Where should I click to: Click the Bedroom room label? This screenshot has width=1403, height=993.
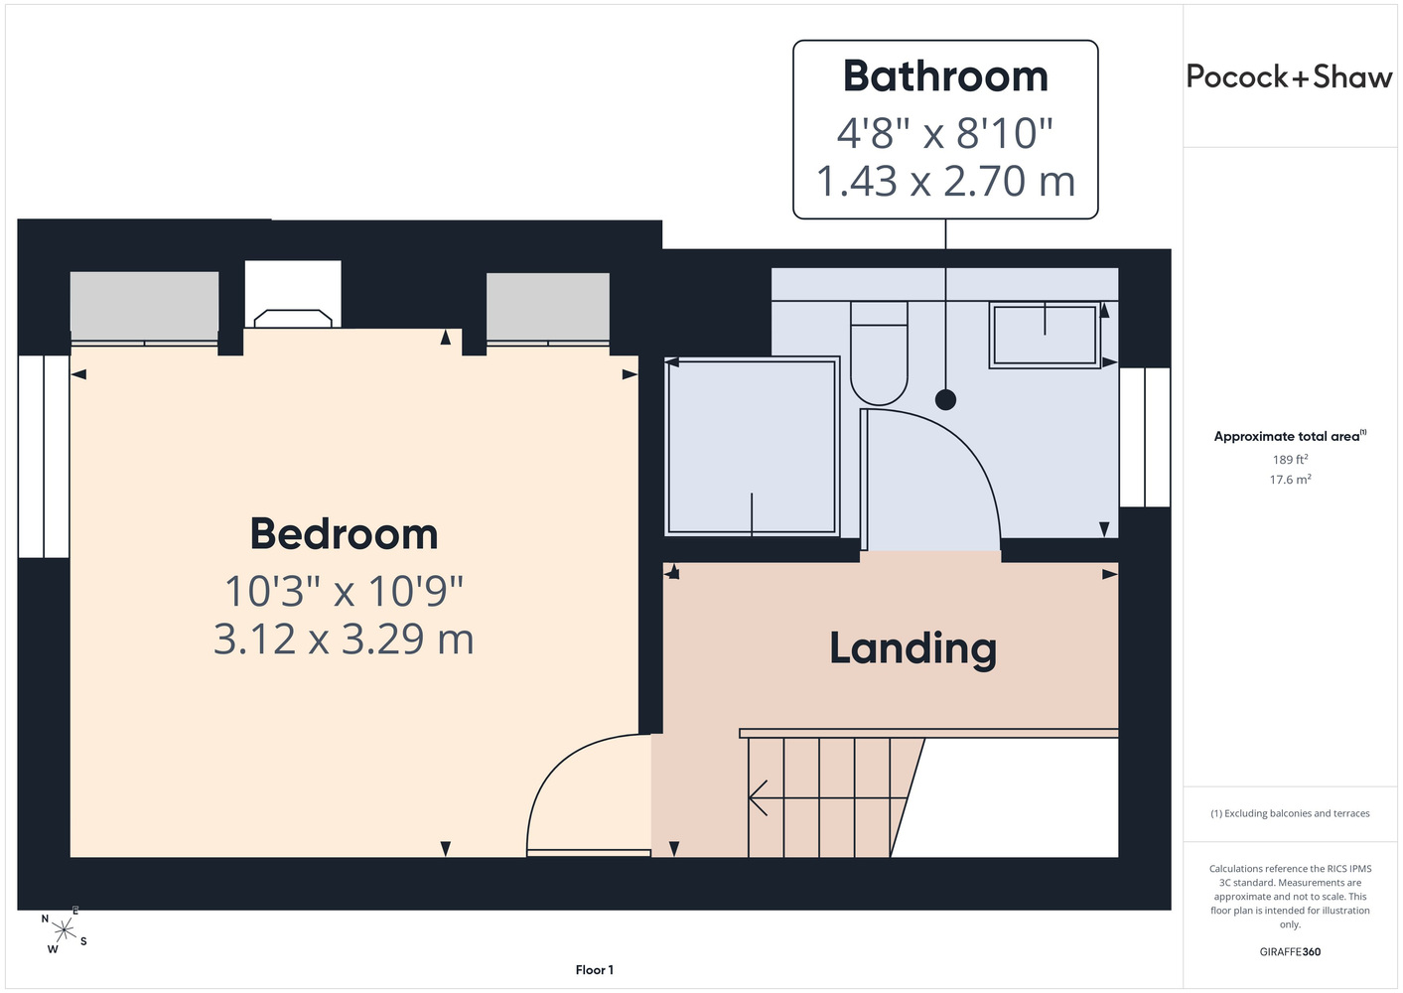tap(344, 534)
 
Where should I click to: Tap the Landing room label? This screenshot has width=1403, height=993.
tap(912, 648)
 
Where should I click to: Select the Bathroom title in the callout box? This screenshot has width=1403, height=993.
tap(945, 75)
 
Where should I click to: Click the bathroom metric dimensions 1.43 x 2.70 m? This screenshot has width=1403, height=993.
tap(945, 181)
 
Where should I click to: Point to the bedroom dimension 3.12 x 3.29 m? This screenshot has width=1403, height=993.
tap(344, 639)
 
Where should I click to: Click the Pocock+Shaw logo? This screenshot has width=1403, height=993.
tap(1289, 76)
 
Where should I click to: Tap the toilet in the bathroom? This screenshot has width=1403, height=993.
tap(879, 354)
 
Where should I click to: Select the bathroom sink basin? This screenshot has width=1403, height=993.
tap(1045, 335)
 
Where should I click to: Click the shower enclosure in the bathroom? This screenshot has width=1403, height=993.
tap(752, 447)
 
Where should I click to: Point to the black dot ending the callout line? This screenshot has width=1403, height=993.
tap(945, 399)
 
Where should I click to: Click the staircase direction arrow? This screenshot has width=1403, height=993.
tap(828, 797)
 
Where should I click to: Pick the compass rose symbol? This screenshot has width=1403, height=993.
tap(64, 929)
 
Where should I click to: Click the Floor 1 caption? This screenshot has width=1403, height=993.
tap(595, 970)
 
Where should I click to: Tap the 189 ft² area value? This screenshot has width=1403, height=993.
tap(1290, 459)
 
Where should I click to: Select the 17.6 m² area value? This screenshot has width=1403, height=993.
tap(1290, 480)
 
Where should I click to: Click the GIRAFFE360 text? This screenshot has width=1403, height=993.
tap(1290, 951)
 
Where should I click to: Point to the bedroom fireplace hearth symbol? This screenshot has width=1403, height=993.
tap(293, 319)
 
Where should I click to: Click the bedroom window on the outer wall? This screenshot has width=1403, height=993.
tap(44, 456)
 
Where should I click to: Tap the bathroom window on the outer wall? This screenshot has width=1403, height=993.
tap(1145, 437)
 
